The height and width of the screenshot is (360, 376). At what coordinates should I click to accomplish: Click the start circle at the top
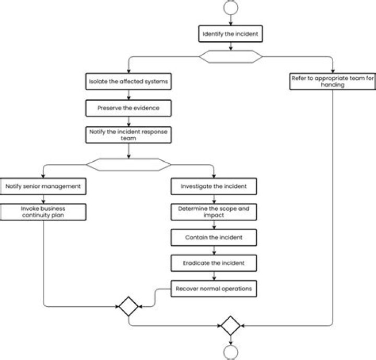tap(230, 7)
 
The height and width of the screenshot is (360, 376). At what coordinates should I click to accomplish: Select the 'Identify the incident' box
tap(230, 34)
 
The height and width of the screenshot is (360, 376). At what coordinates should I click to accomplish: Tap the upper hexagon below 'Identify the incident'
tap(230, 56)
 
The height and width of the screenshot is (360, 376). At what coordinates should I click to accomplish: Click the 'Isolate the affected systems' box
tap(128, 82)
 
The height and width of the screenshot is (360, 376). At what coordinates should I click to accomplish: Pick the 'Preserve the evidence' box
tap(128, 109)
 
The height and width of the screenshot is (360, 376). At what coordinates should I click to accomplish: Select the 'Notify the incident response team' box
tap(128, 135)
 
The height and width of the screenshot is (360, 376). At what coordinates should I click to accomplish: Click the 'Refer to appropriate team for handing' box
tap(332, 81)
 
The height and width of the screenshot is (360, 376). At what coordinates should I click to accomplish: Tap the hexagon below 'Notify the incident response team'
tap(128, 164)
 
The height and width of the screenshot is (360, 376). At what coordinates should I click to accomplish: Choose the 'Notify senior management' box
tap(43, 186)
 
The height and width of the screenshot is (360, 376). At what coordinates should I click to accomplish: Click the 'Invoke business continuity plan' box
tap(43, 212)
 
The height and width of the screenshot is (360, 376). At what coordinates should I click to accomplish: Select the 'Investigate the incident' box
tap(214, 186)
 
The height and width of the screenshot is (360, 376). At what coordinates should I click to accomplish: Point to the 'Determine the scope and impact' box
tap(214, 211)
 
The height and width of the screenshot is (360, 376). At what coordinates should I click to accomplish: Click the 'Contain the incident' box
tap(214, 237)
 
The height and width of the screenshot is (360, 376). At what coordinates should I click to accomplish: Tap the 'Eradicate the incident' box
tap(214, 263)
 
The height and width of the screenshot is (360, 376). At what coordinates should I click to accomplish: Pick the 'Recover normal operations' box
tap(214, 289)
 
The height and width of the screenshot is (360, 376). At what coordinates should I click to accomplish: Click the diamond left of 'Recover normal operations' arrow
tap(128, 306)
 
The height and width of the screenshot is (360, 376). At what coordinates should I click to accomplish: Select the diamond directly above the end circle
tap(230, 326)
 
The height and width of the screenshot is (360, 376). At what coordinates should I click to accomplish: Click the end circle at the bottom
tap(230, 353)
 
